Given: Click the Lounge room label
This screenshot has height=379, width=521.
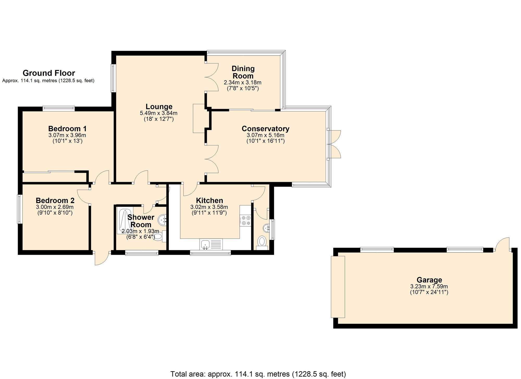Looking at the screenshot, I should coord(159,107).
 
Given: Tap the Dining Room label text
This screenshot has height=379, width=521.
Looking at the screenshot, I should coord(243,72).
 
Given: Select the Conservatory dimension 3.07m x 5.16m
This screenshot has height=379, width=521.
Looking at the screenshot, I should coord(265,135).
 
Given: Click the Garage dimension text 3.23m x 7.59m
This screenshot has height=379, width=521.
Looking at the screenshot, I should coord(429,286).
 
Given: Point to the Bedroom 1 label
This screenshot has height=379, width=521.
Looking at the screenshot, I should coord(67,129).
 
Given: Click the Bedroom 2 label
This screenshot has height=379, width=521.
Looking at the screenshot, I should coord(55,201).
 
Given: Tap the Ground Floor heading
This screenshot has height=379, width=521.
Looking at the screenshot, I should coord(49,73).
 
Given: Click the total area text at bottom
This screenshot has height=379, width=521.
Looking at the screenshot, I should coord(258,374).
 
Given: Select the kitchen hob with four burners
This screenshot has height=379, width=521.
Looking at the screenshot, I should coord(245,220).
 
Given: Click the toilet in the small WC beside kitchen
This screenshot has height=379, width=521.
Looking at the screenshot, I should coord(262,241).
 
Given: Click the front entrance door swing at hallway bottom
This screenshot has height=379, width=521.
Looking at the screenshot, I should coord(101,258).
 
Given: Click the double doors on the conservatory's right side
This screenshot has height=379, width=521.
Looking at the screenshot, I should coord(335,144).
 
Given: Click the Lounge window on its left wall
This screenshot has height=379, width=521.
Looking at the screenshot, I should coord(113,78).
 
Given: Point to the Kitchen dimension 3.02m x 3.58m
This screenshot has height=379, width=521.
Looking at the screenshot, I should coord(209,207).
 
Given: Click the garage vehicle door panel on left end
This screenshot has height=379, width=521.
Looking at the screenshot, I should coord(338,287).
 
